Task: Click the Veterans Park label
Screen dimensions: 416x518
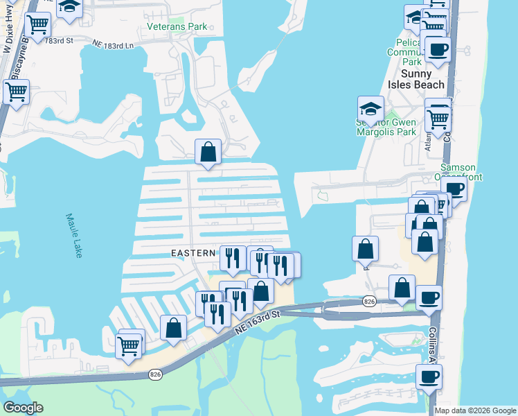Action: click(x=177, y=27)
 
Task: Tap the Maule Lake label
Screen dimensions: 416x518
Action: click(x=74, y=235)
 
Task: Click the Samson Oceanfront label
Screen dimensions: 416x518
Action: click(x=458, y=172)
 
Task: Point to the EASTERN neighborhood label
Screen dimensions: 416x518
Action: click(x=194, y=254)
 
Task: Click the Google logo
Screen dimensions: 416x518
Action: click(x=22, y=408)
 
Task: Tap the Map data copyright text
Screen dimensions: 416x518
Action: click(x=476, y=410)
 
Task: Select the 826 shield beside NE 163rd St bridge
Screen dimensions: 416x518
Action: click(x=369, y=301)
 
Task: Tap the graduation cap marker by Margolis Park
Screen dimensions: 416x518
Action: click(x=370, y=108)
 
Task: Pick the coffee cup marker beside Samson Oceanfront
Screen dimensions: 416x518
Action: click(x=454, y=188)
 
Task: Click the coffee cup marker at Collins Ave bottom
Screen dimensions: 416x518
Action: click(x=429, y=376)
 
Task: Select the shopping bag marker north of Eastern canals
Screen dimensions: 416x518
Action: click(x=208, y=150)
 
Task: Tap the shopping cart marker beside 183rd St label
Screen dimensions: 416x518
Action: click(x=37, y=25)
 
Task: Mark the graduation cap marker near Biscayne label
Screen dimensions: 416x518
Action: click(x=69, y=8)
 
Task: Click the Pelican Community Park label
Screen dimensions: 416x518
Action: click(x=404, y=52)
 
